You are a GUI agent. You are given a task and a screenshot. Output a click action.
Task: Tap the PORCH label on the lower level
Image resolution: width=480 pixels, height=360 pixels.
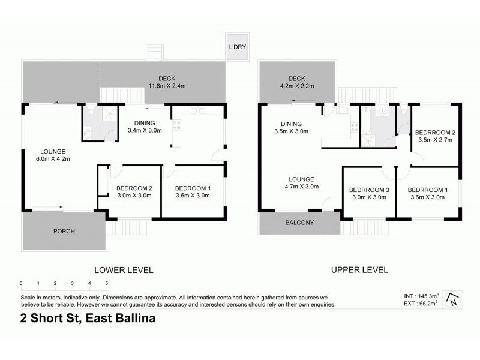[64, 232]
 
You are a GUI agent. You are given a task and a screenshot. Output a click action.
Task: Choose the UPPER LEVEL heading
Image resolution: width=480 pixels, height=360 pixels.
[359, 270]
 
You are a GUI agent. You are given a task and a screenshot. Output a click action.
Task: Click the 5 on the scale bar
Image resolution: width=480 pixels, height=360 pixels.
[107, 283]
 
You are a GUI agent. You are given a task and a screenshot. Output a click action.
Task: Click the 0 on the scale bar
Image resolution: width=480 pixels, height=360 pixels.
[21, 283]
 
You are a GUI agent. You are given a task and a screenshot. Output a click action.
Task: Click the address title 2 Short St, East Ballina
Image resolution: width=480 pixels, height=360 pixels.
[88, 319]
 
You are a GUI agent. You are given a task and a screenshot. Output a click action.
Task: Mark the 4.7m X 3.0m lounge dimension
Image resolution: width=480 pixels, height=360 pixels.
[301, 187]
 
